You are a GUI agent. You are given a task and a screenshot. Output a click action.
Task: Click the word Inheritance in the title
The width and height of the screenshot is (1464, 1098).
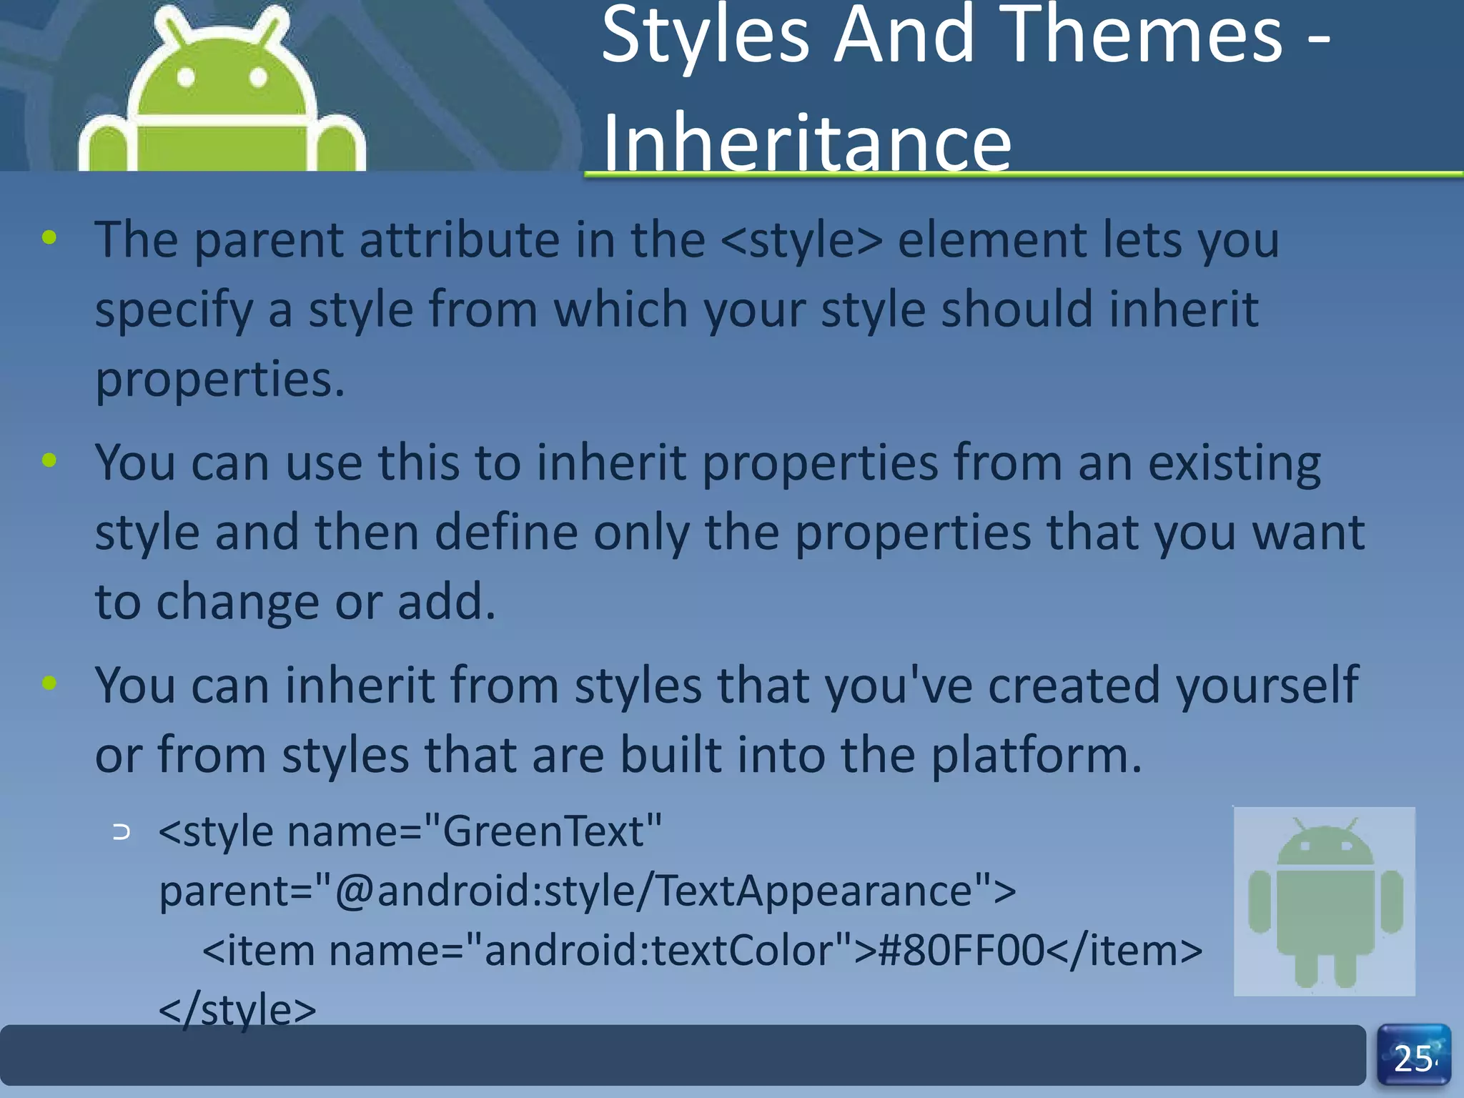click(806, 143)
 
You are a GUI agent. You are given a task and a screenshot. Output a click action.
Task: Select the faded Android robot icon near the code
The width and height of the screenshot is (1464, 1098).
click(1325, 901)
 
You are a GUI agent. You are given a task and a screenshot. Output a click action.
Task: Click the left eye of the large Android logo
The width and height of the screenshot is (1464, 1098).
click(186, 77)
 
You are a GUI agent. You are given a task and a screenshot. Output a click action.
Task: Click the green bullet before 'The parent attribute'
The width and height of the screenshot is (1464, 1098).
click(49, 238)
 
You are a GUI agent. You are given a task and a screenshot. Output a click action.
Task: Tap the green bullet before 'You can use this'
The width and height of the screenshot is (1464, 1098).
click(49, 460)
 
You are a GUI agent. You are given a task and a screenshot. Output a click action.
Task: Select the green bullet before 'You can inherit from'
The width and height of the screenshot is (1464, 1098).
click(49, 683)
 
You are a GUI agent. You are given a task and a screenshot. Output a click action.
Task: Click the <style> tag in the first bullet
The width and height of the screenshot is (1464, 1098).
click(801, 240)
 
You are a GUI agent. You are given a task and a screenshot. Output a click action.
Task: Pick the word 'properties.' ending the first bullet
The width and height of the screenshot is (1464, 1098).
click(220, 379)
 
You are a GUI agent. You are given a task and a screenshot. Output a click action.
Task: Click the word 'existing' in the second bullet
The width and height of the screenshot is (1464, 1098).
click(1235, 463)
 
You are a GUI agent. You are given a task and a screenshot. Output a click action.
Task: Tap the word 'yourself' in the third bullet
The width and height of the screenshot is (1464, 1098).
click(1267, 686)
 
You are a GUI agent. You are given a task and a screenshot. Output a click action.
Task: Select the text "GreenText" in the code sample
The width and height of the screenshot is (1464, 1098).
click(543, 831)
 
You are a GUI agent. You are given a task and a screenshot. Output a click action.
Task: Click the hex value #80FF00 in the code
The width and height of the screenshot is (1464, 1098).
click(961, 951)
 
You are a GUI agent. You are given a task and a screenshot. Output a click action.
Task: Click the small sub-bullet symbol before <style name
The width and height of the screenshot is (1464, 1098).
click(122, 832)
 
